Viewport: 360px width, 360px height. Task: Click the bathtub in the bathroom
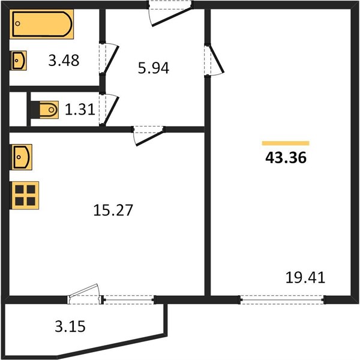pos(41,24)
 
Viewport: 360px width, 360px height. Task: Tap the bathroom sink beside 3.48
pos(19,61)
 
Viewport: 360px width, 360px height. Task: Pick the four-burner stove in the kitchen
pos(25,196)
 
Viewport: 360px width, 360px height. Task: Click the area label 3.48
pos(64,61)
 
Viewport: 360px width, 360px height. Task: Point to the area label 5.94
pos(154,68)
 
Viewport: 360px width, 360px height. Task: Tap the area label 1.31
pos(80,109)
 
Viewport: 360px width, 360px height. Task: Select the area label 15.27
pos(113,210)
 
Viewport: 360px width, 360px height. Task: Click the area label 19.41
pos(305,277)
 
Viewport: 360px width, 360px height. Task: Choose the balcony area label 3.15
pos(70,326)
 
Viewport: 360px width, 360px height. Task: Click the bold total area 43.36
pos(286,158)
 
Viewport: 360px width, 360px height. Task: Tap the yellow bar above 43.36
pos(286,143)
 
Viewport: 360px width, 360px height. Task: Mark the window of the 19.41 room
pos(283,299)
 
